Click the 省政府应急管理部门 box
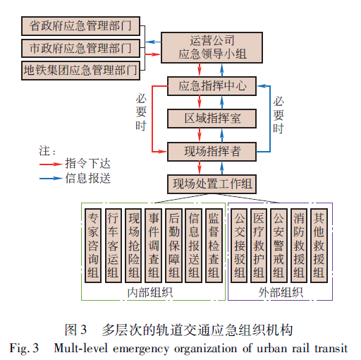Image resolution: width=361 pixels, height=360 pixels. (x=80, y=26)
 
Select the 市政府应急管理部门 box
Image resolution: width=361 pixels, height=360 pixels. (x=80, y=48)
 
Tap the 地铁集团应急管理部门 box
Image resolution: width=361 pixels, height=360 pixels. (x=80, y=71)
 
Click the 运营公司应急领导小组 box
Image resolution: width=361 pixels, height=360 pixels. (x=212, y=47)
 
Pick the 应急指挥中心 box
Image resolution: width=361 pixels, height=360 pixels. (x=212, y=86)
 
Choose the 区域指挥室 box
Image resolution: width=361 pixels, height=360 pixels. (x=212, y=119)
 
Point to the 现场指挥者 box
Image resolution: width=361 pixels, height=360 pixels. (x=212, y=152)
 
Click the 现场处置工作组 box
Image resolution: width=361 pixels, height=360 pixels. (x=212, y=184)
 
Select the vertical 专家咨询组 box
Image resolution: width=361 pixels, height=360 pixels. (x=93, y=246)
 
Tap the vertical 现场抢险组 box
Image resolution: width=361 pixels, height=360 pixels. (x=133, y=246)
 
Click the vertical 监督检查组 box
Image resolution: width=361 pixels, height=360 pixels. (x=214, y=246)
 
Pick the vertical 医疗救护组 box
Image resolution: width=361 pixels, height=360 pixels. (x=259, y=246)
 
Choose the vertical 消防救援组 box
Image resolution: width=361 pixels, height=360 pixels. (x=299, y=246)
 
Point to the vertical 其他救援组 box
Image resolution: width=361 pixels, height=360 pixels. (x=319, y=246)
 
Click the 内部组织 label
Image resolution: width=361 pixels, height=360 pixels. (x=150, y=292)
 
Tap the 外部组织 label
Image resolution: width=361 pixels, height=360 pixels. (x=281, y=292)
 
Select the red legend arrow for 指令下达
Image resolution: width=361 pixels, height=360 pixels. (x=51, y=164)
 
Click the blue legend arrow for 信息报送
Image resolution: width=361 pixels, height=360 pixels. (x=51, y=178)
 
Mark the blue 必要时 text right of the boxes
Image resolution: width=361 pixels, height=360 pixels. (x=279, y=115)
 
